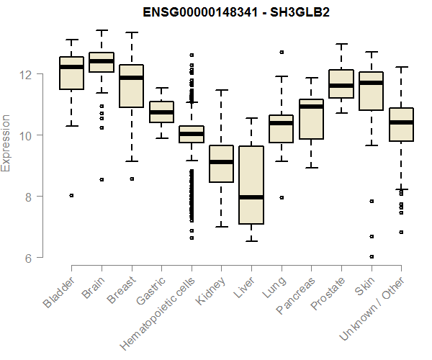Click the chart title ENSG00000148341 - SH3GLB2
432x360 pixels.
pyautogui.click(x=236, y=14)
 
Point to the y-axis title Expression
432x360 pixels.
pyautogui.click(x=6, y=143)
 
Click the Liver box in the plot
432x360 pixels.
pyautogui.click(x=251, y=185)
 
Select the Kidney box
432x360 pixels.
pyautogui.click(x=221, y=163)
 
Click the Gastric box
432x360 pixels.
pyautogui.click(x=161, y=112)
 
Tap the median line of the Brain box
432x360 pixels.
pyautogui.click(x=102, y=61)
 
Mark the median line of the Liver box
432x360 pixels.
pyautogui.click(x=251, y=197)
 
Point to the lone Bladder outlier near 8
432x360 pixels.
pyautogui.click(x=71, y=195)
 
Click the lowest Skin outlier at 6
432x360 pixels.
pyautogui.click(x=371, y=256)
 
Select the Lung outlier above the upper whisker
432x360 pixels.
pyautogui.click(x=281, y=52)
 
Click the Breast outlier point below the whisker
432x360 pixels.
pyautogui.click(x=131, y=179)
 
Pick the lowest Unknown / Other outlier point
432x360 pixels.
pyautogui.click(x=400, y=232)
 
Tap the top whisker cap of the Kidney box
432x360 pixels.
pyautogui.click(x=221, y=91)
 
